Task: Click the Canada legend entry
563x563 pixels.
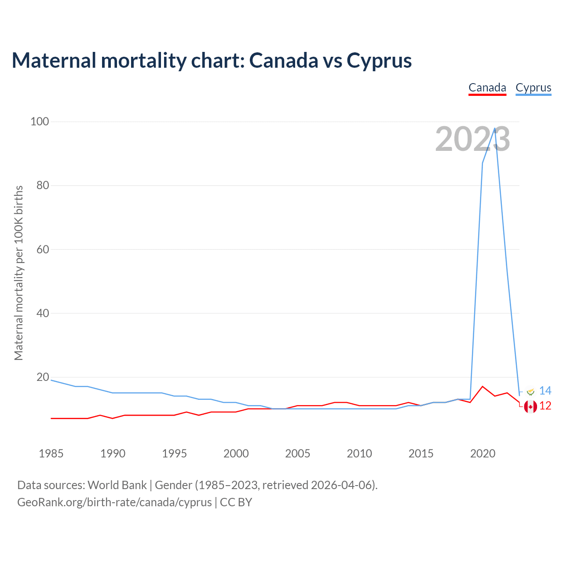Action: (x=487, y=88)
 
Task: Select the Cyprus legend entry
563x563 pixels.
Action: (x=533, y=88)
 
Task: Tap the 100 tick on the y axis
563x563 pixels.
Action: (x=40, y=121)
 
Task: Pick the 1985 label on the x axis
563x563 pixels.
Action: (x=51, y=453)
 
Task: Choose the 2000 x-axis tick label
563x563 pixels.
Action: (x=236, y=453)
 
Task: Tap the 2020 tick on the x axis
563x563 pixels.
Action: (x=483, y=453)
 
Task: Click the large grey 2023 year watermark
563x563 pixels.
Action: (x=472, y=139)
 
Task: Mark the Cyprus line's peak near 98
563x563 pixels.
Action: (x=495, y=128)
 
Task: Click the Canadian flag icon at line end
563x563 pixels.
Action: (x=530, y=407)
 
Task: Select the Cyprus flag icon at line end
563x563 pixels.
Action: (x=530, y=391)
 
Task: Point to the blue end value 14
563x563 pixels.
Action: (x=545, y=391)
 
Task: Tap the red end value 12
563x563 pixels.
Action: (x=545, y=406)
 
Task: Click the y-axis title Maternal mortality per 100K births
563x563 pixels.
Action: (x=18, y=273)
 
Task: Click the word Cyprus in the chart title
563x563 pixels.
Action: (x=379, y=61)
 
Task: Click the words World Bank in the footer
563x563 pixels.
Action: (x=117, y=485)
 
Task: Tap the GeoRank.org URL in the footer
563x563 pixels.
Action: (x=114, y=502)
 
